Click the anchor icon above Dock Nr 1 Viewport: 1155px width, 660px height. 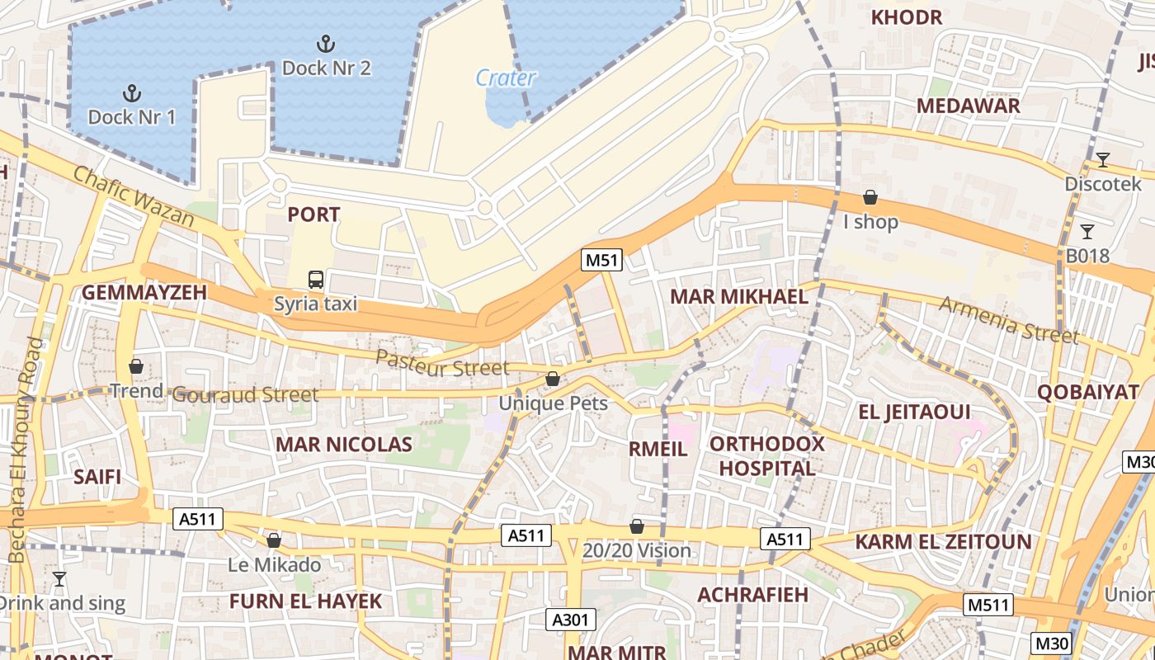pos(131,93)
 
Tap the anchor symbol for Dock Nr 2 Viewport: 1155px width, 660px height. pos(326,44)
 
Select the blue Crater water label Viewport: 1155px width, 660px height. pos(506,78)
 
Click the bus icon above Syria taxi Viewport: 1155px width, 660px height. pos(316,280)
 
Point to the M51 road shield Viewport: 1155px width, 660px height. pos(601,261)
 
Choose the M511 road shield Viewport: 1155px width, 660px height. pos(988,606)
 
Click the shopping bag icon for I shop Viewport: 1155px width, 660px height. pos(870,197)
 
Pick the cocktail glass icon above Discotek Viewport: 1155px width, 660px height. pos(1102,160)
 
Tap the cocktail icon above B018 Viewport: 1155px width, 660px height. pos(1087,232)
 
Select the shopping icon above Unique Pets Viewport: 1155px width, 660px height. pos(553,379)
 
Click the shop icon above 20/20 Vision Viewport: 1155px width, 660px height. pos(636,526)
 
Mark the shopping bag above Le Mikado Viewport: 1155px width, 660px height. pos(274,540)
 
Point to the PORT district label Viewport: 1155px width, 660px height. pos(313,214)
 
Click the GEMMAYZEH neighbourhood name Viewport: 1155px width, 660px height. pos(144,293)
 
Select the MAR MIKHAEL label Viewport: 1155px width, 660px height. pos(739,297)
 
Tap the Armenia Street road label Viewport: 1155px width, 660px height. pos(1008,319)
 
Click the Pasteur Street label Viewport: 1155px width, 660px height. pos(442,363)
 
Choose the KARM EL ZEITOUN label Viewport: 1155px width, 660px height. pos(943,542)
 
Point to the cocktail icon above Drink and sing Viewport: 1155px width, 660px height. pos(59,579)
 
